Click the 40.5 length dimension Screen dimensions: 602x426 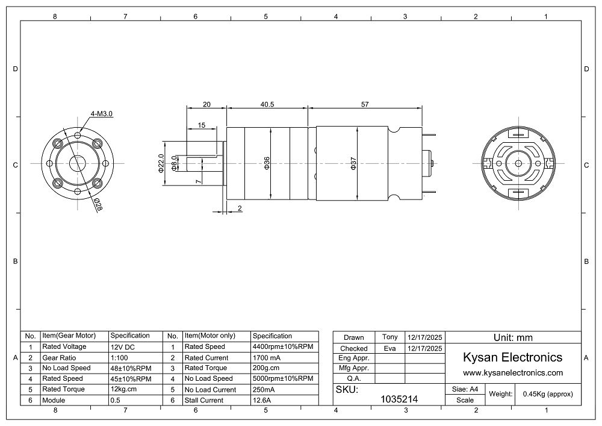click(267, 104)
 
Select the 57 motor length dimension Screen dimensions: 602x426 click(365, 104)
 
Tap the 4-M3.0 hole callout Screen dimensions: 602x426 click(101, 114)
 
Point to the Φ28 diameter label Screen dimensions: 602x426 click(98, 204)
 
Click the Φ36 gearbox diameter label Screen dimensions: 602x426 click(267, 163)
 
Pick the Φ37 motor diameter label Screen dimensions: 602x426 click(353, 163)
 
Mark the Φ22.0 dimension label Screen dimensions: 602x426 click(161, 163)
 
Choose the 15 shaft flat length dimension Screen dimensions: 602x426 click(202, 125)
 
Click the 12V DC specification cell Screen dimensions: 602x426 click(123, 347)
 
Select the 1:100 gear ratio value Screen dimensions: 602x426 click(119, 358)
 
